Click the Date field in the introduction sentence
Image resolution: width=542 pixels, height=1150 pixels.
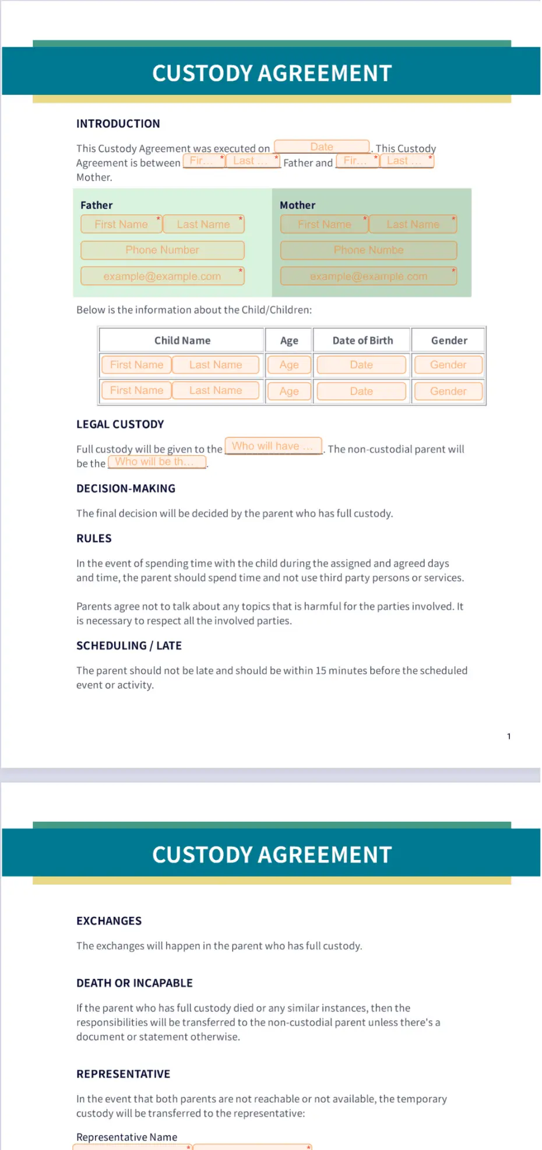point(322,147)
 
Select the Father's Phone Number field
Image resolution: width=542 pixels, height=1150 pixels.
point(162,250)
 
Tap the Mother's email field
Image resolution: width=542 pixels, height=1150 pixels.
point(368,276)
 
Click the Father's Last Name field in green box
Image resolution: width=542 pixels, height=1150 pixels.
point(203,224)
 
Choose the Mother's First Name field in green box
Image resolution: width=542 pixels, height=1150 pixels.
point(324,224)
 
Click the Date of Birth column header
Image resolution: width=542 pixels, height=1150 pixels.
point(362,340)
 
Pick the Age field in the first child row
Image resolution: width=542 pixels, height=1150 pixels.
point(289,365)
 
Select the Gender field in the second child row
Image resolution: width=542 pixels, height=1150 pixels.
point(448,391)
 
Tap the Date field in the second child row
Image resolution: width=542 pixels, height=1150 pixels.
point(361,391)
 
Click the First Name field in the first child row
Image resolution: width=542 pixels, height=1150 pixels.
point(136,365)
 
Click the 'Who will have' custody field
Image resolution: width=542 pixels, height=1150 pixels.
point(273,446)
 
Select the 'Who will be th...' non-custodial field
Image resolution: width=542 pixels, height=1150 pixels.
point(157,462)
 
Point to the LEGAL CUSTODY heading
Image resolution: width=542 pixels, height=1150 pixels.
point(120,424)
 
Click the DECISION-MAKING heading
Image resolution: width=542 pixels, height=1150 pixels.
point(126,488)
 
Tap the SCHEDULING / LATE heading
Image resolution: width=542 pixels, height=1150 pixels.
point(129,645)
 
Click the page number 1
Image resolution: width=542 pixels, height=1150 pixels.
point(509,736)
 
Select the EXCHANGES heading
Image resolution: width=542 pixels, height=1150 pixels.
point(109,920)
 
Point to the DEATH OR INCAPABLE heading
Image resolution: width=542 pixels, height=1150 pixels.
point(135,983)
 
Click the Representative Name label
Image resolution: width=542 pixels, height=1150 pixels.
point(126,1137)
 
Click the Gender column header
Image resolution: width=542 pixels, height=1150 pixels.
point(449,340)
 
